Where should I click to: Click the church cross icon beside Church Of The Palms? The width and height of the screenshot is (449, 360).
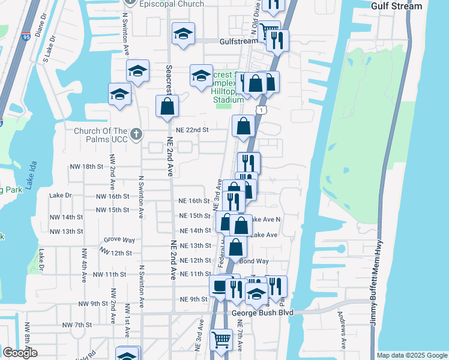point(136,133)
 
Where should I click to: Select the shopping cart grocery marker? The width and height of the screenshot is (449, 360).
point(221,340)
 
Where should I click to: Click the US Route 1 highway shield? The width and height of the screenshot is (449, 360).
point(261,110)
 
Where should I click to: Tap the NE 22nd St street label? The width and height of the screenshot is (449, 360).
point(192,130)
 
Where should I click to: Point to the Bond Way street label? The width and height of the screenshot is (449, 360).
point(254,261)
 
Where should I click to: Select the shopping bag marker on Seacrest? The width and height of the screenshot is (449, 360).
point(167,107)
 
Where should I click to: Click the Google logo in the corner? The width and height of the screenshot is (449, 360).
point(19,353)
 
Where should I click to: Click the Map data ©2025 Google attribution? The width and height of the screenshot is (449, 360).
point(412,355)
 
